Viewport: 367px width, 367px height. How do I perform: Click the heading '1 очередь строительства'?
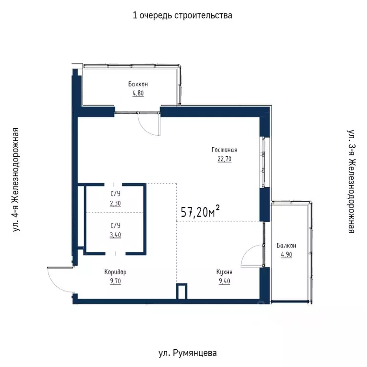[183, 15]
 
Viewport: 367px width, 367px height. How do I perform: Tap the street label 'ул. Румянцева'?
[187, 354]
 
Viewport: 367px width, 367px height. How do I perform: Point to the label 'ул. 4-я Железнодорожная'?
[17, 180]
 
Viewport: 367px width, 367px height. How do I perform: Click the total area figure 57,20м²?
[200, 212]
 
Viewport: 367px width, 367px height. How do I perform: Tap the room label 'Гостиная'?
[224, 150]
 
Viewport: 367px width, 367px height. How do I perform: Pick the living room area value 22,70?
[224, 159]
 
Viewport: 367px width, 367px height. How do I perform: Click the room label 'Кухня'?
[224, 272]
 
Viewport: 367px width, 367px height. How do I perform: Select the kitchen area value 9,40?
[224, 281]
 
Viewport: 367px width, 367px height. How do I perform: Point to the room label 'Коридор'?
[115, 272]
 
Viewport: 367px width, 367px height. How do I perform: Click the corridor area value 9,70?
[115, 281]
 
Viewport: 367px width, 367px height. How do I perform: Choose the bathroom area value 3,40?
[115, 235]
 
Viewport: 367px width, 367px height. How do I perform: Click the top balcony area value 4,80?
[138, 93]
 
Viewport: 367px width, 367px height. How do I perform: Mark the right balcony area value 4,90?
[286, 255]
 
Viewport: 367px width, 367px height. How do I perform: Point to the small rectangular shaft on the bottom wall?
[181, 291]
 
